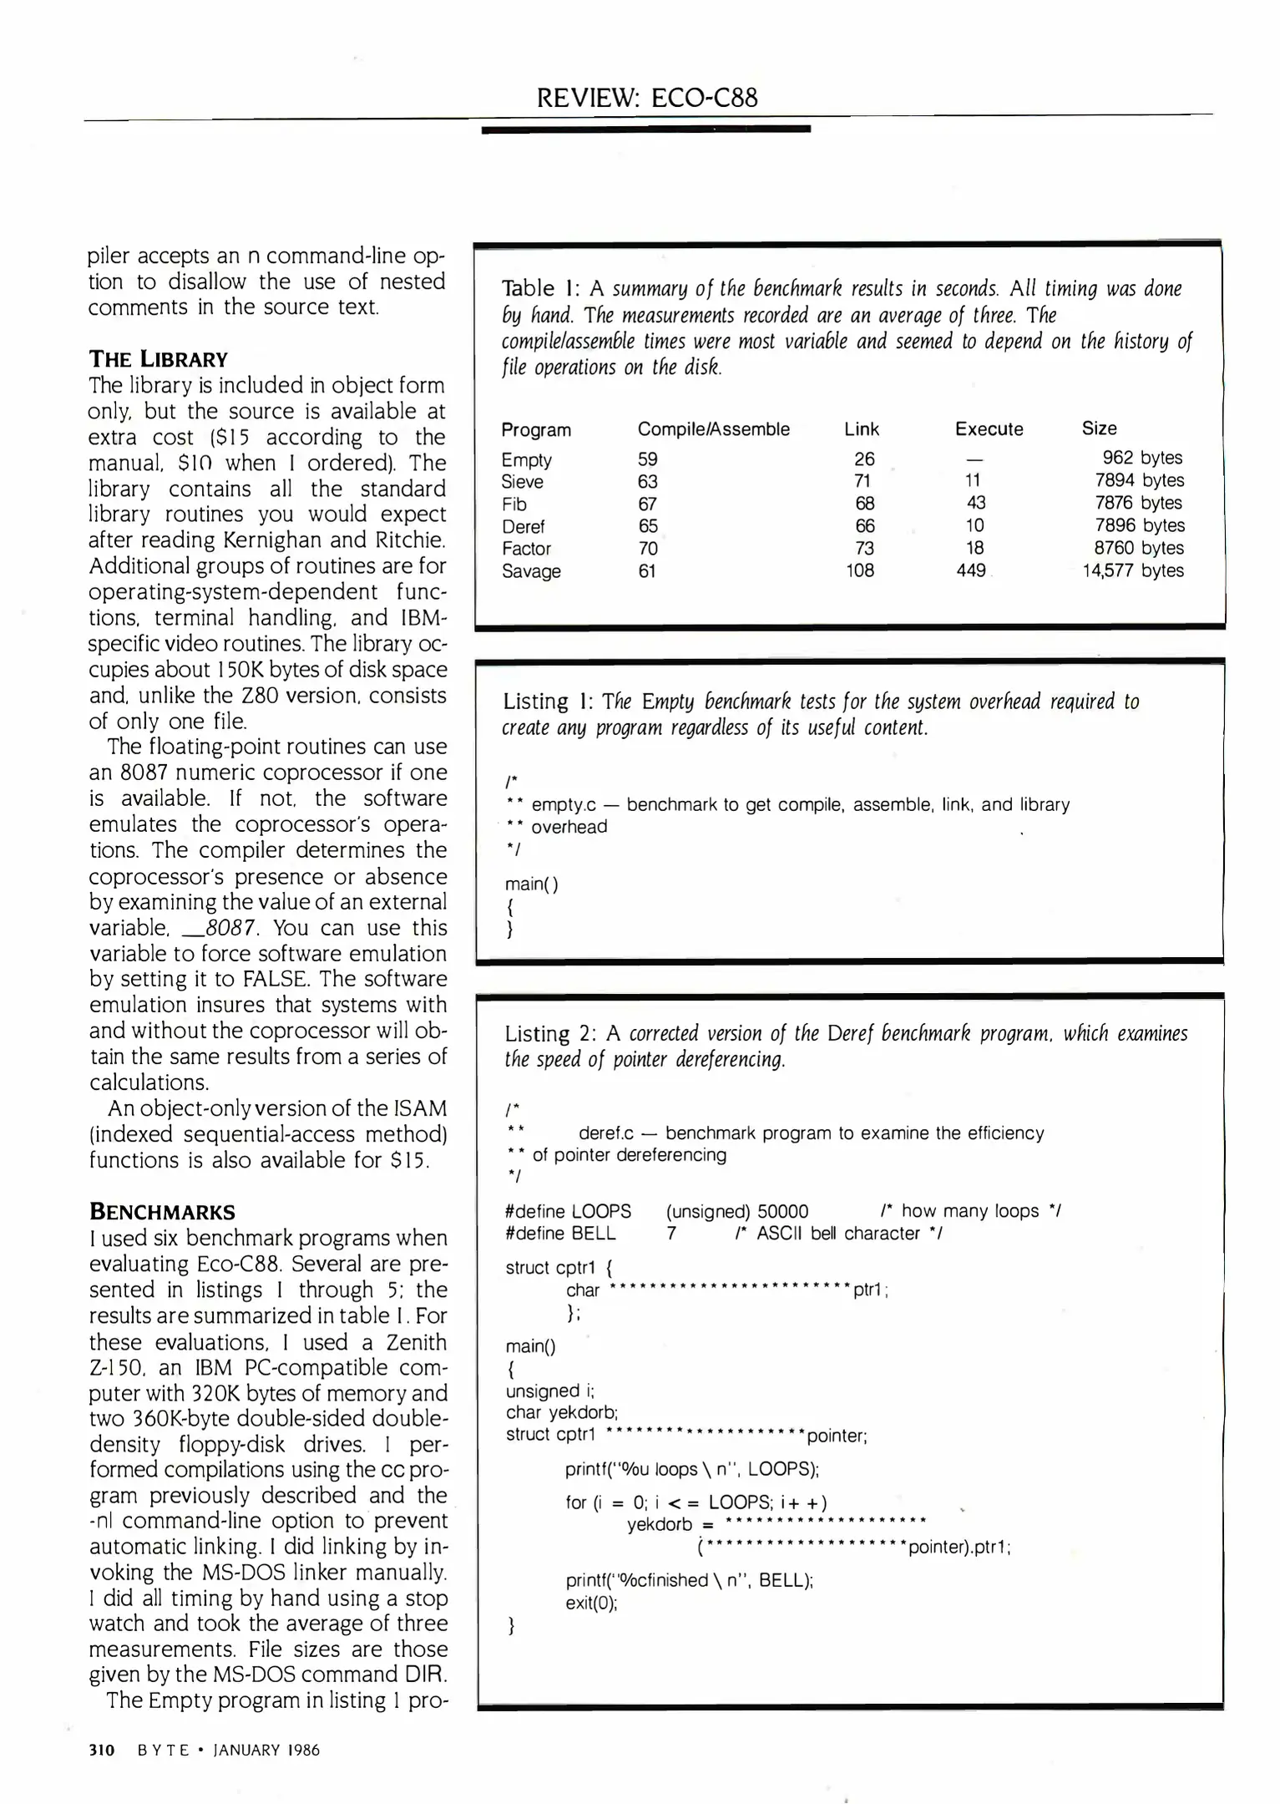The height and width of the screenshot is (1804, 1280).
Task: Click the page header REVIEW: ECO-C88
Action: tap(647, 99)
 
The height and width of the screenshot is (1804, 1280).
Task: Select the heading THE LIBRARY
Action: tap(158, 360)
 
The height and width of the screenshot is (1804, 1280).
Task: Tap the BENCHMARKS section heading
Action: tap(162, 1212)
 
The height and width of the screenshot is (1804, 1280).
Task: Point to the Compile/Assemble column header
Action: tap(713, 429)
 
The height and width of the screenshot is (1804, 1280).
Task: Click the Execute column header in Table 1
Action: tap(989, 429)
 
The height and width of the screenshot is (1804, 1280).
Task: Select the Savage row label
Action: tap(531, 572)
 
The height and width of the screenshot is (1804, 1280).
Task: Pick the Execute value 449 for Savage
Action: tap(970, 571)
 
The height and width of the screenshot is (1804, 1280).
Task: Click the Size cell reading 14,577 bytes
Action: tap(1132, 571)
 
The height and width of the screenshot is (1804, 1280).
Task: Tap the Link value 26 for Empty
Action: tap(864, 459)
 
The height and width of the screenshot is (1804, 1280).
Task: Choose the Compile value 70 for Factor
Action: tap(648, 549)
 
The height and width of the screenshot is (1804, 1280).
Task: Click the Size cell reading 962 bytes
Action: tap(1141, 458)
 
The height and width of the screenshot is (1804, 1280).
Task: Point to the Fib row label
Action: tap(514, 504)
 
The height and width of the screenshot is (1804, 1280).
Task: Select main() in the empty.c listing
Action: tap(532, 884)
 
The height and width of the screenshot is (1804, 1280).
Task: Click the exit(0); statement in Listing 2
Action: tap(591, 1603)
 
